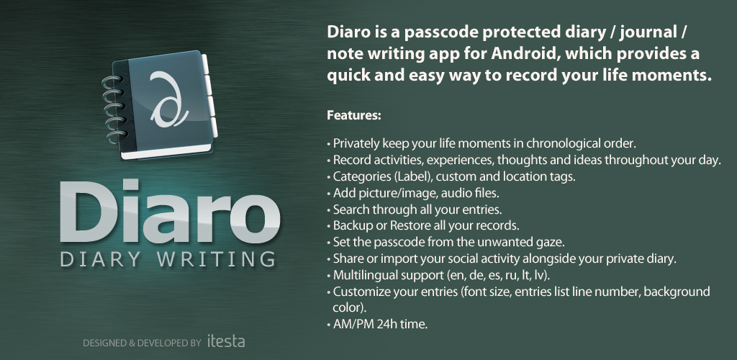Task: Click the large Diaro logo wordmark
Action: [170, 211]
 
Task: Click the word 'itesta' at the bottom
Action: [226, 341]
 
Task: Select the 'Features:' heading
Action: [354, 115]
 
